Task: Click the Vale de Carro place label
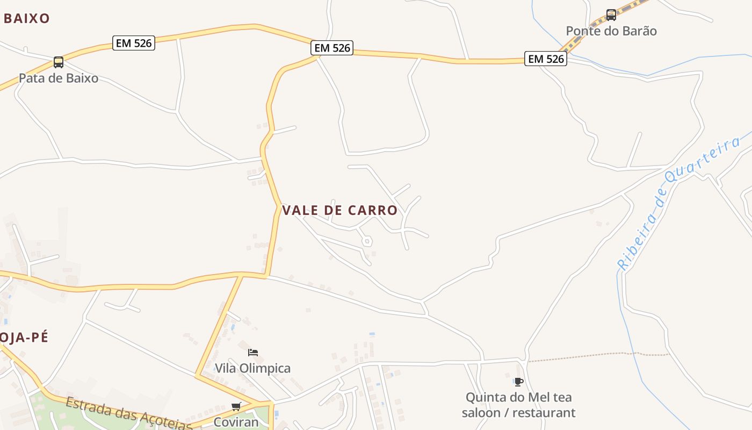click(x=339, y=210)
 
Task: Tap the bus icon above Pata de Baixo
click(x=59, y=62)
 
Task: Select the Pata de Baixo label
click(x=59, y=78)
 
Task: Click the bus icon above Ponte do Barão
click(x=611, y=15)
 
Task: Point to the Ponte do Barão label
click(x=611, y=31)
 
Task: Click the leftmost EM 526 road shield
click(x=134, y=43)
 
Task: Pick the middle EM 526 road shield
click(x=332, y=48)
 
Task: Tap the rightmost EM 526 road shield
click(x=546, y=59)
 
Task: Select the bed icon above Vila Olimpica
click(x=253, y=353)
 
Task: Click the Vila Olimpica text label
click(x=252, y=369)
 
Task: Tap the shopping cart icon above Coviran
click(x=236, y=406)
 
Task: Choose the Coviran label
click(x=236, y=422)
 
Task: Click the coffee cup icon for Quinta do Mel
click(x=518, y=382)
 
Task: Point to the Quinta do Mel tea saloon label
click(x=518, y=405)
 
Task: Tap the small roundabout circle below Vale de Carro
click(x=367, y=241)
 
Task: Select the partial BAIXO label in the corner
click(x=26, y=19)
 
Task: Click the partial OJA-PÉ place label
click(x=24, y=338)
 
